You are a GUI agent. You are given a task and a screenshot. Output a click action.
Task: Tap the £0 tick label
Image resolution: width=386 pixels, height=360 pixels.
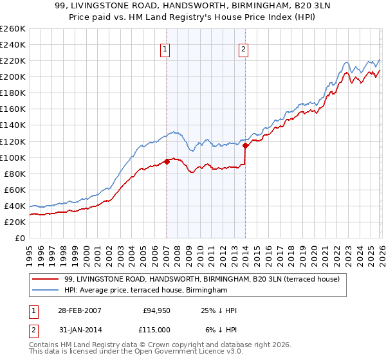pyautogui.click(x=19, y=238)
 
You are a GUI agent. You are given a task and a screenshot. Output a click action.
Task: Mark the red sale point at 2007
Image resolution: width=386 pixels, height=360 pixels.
pyautogui.click(x=167, y=161)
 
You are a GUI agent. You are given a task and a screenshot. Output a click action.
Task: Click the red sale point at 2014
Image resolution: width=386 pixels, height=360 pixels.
pyautogui.click(x=245, y=145)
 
